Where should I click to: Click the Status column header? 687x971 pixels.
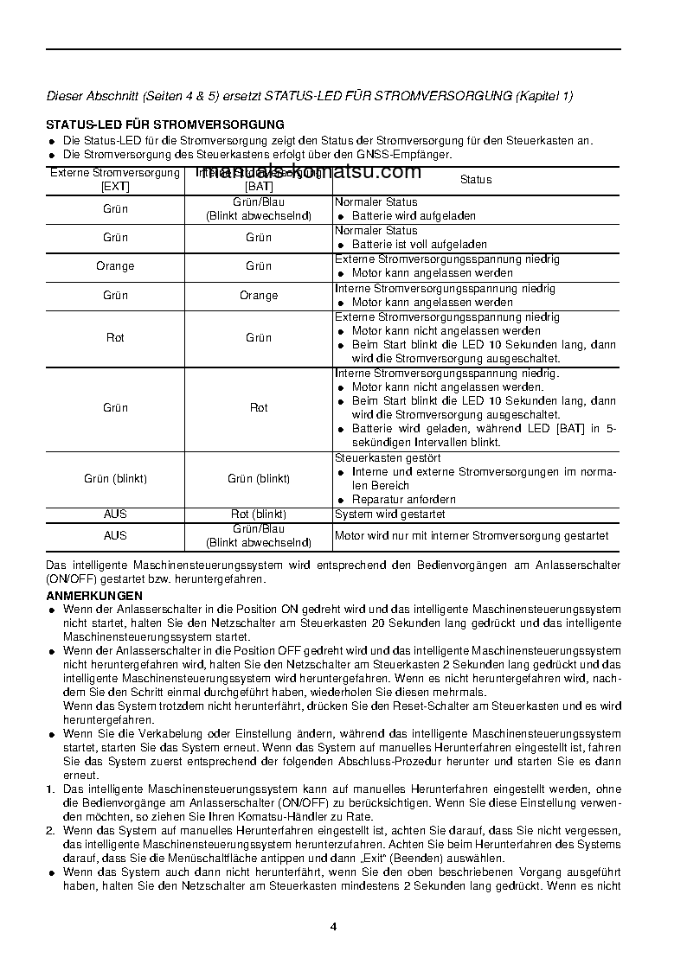tap(476, 180)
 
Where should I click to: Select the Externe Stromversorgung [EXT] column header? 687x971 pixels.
tap(115, 179)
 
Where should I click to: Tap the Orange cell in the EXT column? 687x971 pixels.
tap(115, 266)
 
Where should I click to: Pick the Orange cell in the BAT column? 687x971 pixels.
tap(259, 296)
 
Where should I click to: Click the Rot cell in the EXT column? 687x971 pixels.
tap(115, 338)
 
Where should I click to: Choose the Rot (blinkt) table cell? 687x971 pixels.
tap(259, 514)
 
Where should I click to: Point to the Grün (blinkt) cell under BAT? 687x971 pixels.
tap(259, 479)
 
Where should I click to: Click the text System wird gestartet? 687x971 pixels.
tap(390, 514)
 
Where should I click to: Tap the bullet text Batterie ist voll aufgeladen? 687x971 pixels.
tap(419, 245)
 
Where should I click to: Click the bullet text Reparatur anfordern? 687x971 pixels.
tap(403, 500)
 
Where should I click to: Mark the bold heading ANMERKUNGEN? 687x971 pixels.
tap(94, 596)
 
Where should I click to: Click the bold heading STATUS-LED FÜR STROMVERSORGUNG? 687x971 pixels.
tap(165, 125)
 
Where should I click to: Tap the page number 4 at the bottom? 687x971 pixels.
tap(333, 927)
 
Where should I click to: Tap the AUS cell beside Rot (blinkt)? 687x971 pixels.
tap(115, 514)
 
